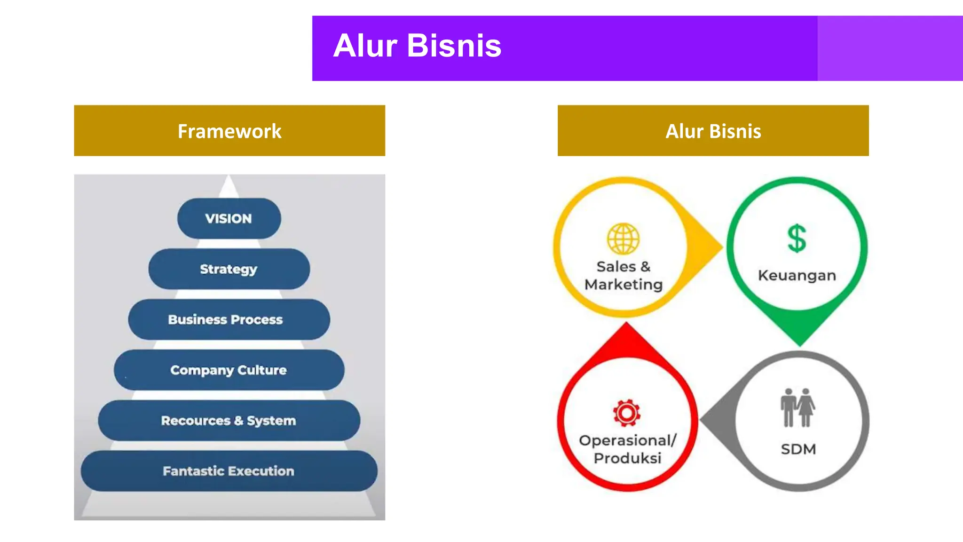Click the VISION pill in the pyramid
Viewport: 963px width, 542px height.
[229, 218]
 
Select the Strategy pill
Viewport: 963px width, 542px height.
[229, 269]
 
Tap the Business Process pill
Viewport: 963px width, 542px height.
[229, 319]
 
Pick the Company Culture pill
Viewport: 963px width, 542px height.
[229, 370]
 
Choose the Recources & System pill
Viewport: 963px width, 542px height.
[229, 420]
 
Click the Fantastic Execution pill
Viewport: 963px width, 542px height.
[229, 471]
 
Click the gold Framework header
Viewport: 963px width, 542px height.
[229, 131]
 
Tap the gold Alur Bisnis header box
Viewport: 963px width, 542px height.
[713, 131]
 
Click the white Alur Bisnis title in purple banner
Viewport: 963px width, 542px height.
[417, 46]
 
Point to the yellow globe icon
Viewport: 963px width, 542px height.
[623, 239]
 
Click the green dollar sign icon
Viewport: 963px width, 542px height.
[797, 239]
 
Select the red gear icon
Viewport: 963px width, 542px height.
[626, 413]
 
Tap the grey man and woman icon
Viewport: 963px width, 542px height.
[797, 407]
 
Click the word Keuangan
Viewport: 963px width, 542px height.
[797, 275]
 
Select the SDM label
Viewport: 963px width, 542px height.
[798, 449]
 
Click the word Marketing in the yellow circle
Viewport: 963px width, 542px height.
[624, 285]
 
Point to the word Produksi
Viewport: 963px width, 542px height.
[627, 458]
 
